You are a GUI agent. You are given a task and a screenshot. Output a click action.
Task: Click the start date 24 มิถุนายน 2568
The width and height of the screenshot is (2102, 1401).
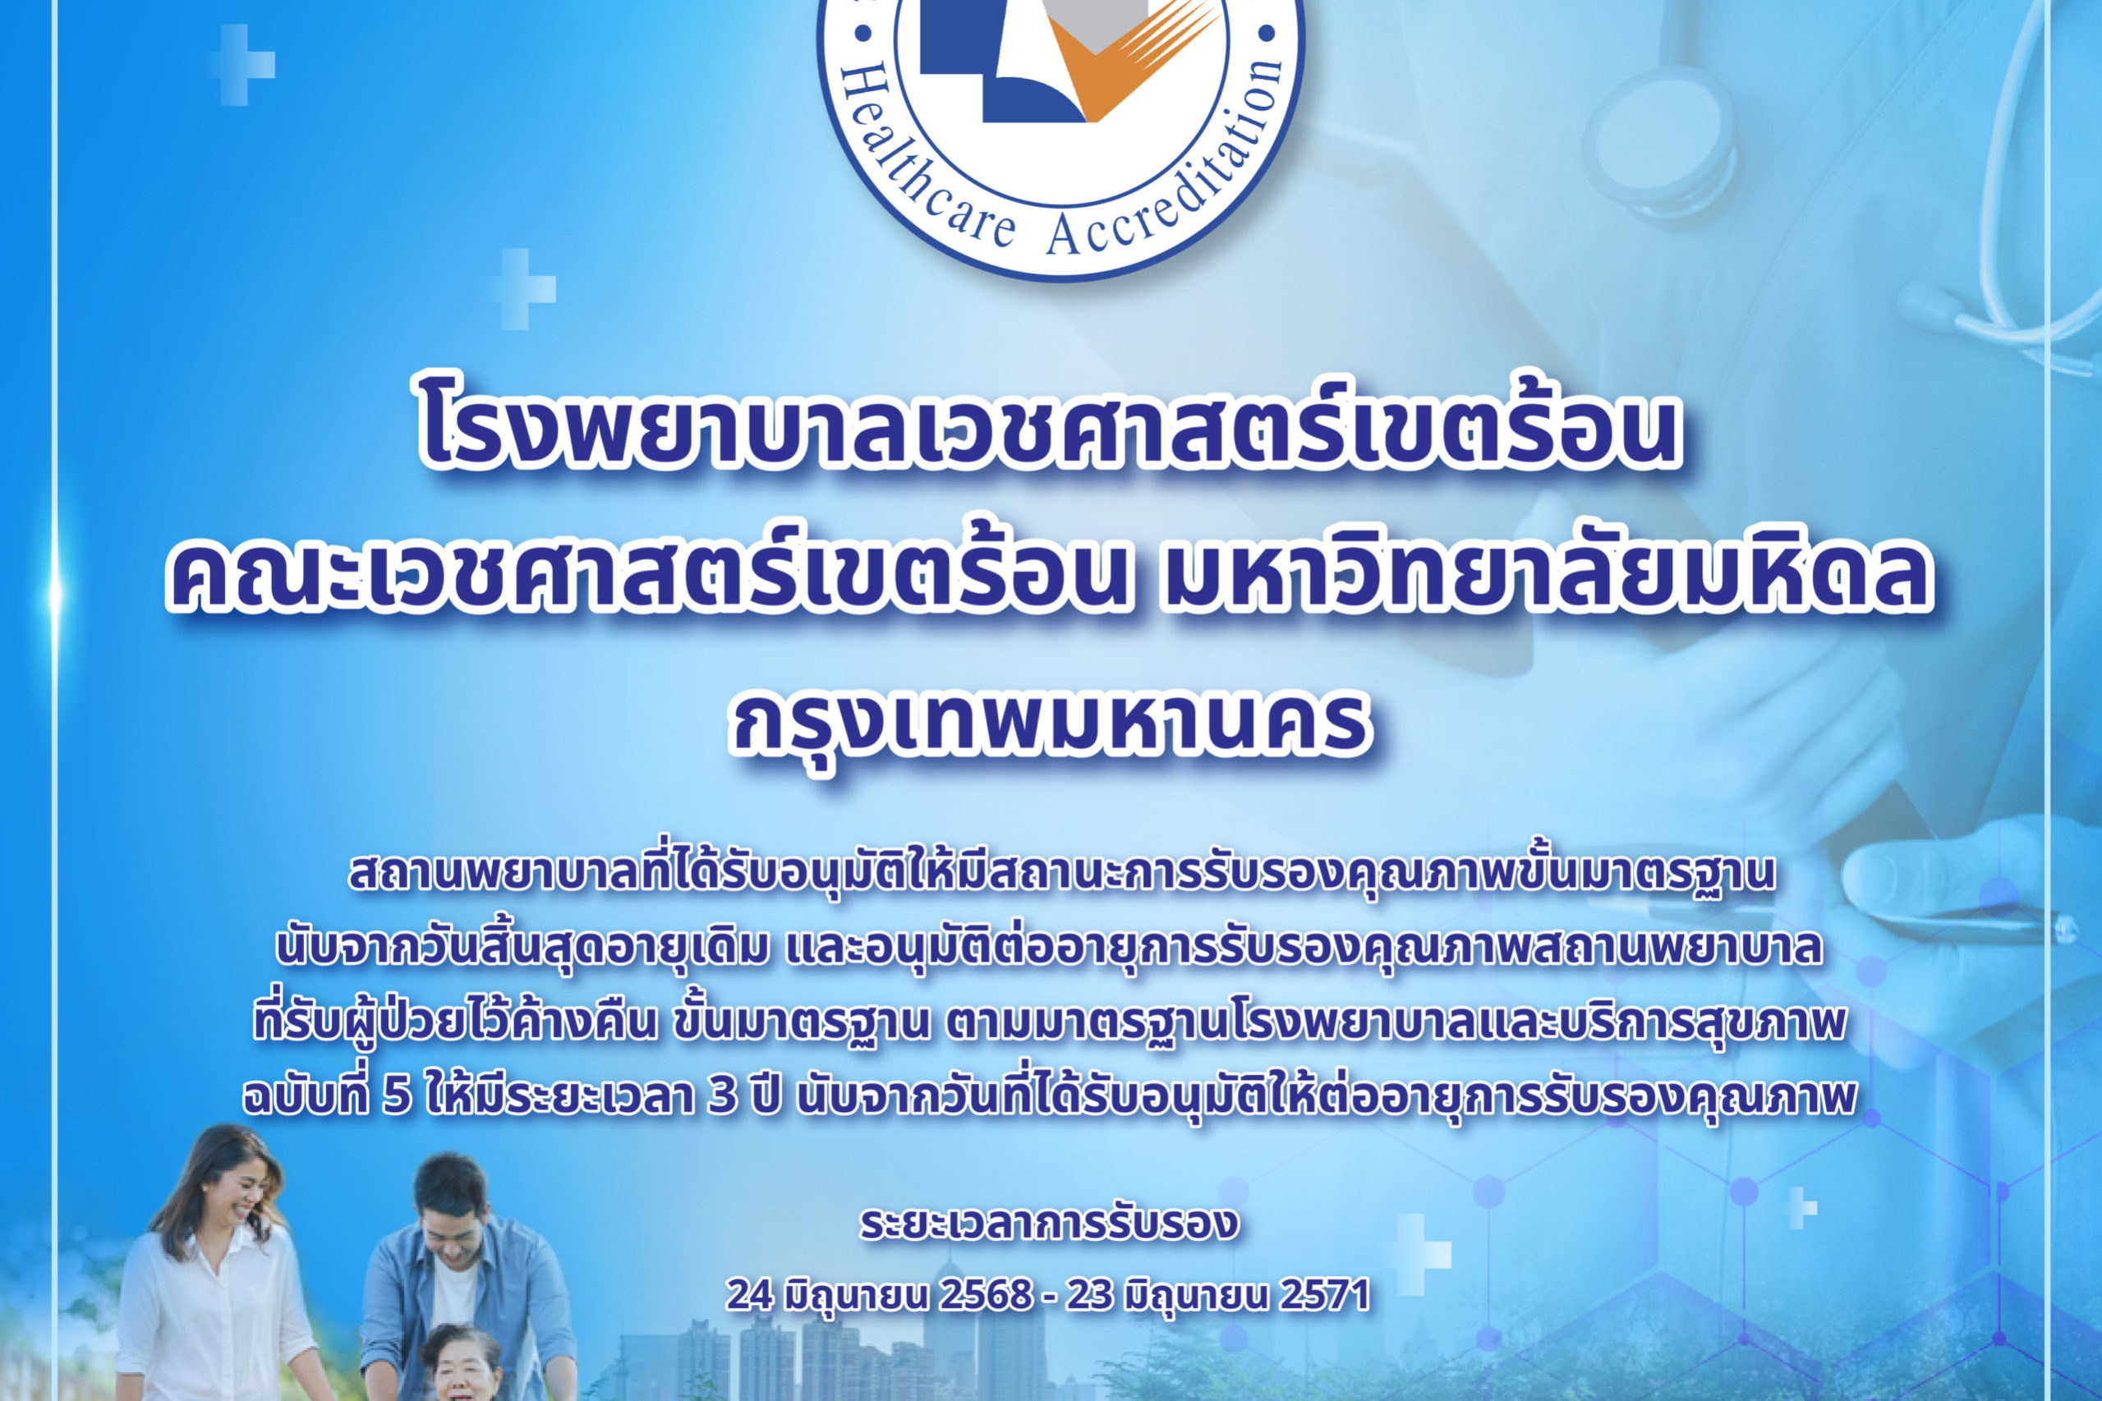880,1296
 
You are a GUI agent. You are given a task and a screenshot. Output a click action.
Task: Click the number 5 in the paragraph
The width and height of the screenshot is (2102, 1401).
395,1097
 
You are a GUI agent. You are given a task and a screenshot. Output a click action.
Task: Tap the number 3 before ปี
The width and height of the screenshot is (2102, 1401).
721,1097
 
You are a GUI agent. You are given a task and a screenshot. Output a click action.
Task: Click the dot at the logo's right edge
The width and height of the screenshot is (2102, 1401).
1266,34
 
